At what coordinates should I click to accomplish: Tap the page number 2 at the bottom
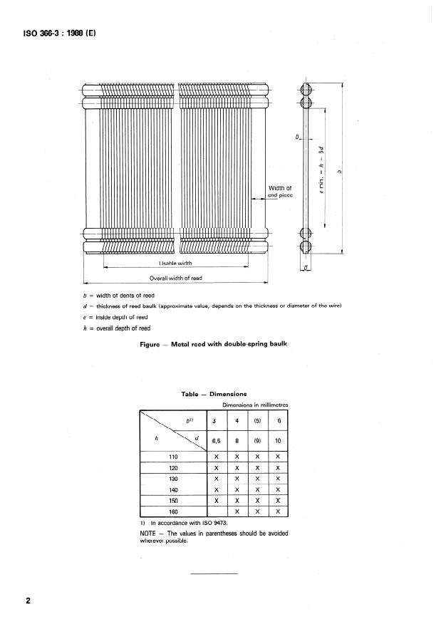click(x=28, y=601)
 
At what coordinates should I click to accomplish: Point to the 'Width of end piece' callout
click(x=280, y=191)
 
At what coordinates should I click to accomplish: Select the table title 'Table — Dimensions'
click(x=214, y=393)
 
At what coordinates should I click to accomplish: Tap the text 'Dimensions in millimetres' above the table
click(x=255, y=405)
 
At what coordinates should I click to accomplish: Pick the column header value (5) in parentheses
click(x=257, y=420)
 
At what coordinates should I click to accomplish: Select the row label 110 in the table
click(x=172, y=456)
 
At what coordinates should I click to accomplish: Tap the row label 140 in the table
click(x=172, y=490)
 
